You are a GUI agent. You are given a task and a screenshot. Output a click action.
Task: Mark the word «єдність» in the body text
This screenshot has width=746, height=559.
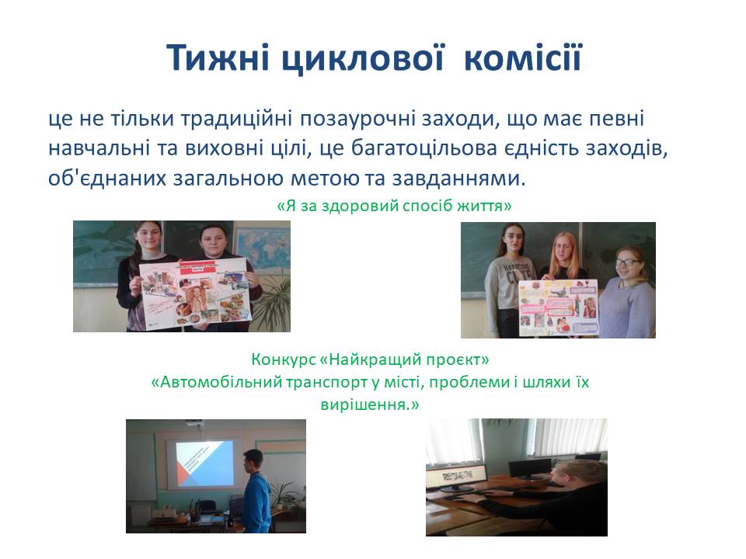[x=543, y=149]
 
